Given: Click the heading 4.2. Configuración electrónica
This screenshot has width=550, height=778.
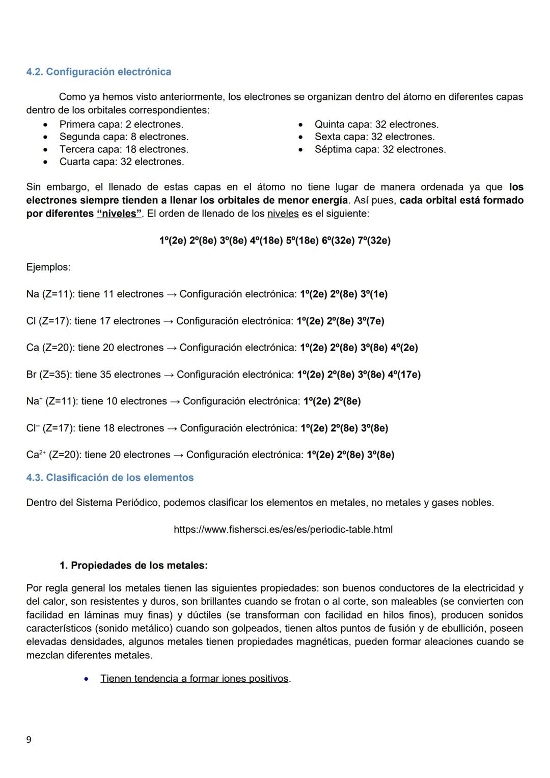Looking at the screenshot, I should click(98, 72).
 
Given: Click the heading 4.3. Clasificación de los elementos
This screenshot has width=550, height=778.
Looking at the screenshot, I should click(109, 477).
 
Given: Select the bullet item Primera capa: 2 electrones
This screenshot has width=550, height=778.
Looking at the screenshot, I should click(121, 124).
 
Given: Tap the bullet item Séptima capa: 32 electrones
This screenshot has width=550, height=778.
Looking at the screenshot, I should click(380, 149).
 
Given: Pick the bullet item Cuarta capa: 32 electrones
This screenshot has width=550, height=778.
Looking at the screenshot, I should click(122, 162).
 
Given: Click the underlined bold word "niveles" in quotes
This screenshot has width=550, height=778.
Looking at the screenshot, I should click(119, 213).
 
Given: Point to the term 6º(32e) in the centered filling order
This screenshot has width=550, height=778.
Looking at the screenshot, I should click(338, 240).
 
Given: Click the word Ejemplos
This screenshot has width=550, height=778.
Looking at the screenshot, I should click(48, 267).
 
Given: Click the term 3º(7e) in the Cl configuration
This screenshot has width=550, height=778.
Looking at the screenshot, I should click(370, 321).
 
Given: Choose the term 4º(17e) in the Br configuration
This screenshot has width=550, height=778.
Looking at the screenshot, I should click(404, 374).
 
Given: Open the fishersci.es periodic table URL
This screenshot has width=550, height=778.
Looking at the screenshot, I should click(283, 529).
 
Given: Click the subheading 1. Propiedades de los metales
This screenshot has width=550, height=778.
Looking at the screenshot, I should click(133, 566).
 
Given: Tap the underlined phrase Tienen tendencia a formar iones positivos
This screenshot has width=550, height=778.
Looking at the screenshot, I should click(195, 679).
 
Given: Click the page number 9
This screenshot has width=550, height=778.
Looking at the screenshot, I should click(29, 740).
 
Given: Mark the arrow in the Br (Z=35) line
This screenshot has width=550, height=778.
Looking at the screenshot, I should click(169, 375).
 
